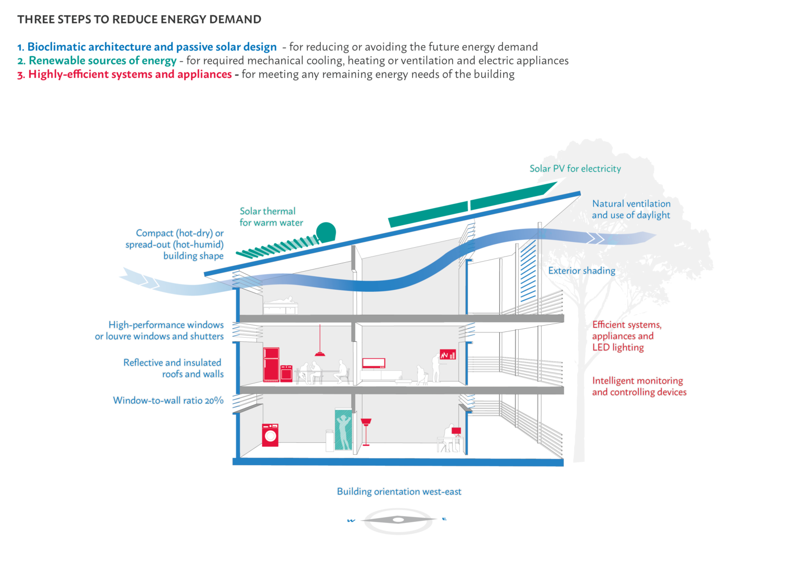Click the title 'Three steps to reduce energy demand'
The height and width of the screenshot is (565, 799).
point(139,20)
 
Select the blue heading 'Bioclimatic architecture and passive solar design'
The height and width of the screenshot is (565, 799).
point(151,47)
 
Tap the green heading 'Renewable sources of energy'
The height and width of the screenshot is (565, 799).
point(102,61)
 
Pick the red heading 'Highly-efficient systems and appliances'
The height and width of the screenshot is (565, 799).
point(130,74)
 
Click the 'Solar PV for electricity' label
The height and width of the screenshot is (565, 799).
point(575,169)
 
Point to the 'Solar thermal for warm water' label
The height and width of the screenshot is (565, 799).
point(270,217)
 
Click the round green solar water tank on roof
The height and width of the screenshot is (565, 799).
point(326,232)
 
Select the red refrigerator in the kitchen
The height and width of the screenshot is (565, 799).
point(271,364)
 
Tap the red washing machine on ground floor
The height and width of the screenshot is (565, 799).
point(270,435)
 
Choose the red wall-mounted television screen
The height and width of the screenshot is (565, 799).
point(373,363)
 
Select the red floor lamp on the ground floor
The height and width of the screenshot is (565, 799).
point(366,432)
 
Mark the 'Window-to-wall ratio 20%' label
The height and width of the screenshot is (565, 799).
point(168,401)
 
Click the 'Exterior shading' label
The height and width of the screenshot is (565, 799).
point(582,271)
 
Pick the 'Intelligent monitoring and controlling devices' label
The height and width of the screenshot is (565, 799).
point(639,387)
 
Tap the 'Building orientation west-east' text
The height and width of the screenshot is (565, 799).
point(399,492)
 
